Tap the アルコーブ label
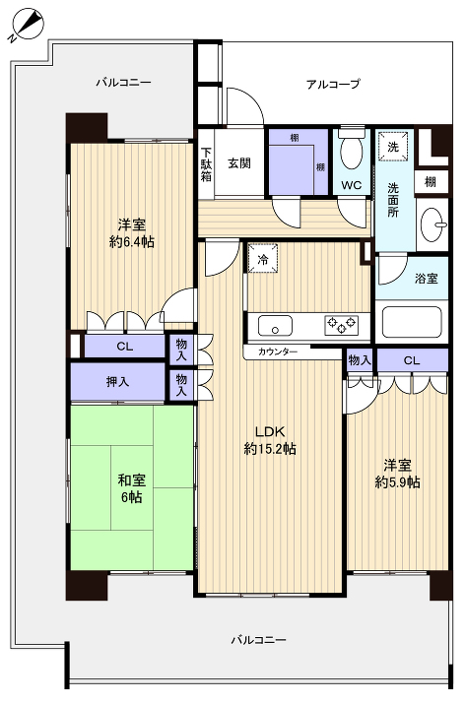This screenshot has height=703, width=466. (333, 85)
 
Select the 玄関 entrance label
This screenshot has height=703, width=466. (239, 162)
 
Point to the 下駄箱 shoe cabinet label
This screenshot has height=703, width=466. (207, 164)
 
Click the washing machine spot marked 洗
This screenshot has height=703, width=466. (392, 147)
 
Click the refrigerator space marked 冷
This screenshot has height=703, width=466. (262, 258)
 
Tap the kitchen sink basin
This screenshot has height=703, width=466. (273, 324)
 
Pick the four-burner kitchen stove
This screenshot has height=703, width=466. (342, 323)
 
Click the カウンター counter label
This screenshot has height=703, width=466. (277, 351)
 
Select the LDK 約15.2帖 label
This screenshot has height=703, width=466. (270, 440)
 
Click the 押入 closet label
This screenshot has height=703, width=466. (118, 381)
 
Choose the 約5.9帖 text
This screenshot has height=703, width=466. (397, 482)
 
